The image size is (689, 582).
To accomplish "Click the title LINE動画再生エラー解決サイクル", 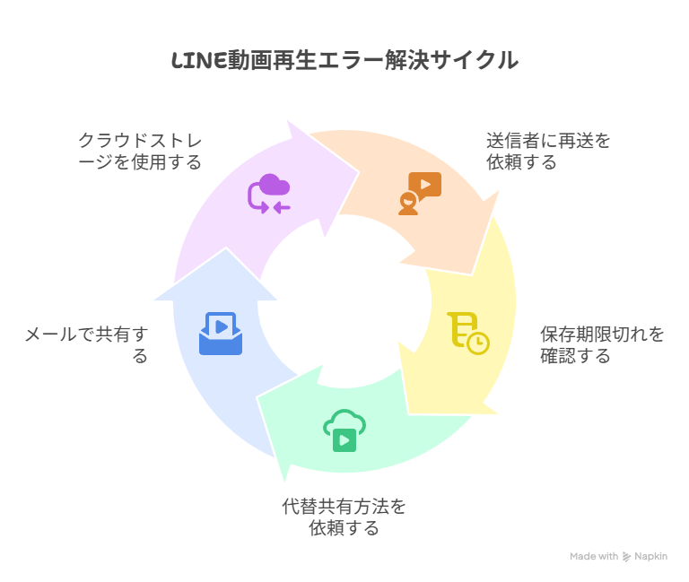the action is [x=344, y=60].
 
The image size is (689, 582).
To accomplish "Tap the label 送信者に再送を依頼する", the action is [x=548, y=151].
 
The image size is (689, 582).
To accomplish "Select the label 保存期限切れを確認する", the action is [x=602, y=345].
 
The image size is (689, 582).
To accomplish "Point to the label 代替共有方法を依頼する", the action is [x=344, y=517].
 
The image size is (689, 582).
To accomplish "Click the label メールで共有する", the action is [x=86, y=345].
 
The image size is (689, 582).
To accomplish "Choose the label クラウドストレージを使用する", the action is [x=140, y=151].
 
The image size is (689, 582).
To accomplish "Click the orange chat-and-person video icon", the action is [x=420, y=194].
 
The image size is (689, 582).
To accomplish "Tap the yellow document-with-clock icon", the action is [x=468, y=334].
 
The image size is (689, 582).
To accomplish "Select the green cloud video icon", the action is [x=344, y=430].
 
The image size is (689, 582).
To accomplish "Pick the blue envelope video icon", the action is [x=221, y=334].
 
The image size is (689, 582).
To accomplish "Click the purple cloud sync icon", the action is [x=269, y=194].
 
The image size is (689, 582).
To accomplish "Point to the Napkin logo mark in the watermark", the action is [x=626, y=557].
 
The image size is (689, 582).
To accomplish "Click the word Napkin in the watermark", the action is [x=650, y=557].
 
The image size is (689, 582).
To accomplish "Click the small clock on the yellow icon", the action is [x=478, y=343].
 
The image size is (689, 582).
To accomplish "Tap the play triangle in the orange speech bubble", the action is [x=425, y=184].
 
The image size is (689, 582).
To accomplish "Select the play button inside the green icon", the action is [x=344, y=440].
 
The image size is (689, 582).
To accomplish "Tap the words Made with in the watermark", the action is [x=594, y=557].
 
